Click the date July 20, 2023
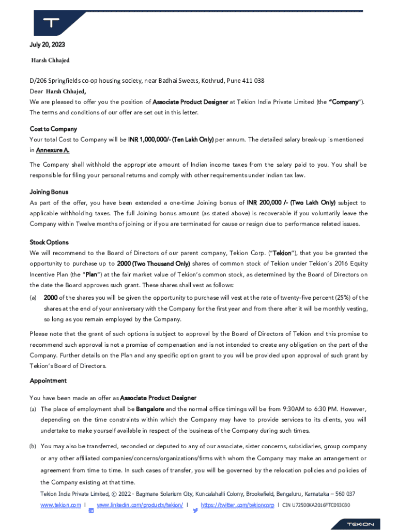tap(47, 45)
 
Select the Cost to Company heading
tap(53, 129)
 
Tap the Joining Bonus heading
tap(49, 192)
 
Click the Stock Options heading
tap(49, 242)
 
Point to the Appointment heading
tap(48, 380)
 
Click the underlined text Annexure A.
tap(52, 150)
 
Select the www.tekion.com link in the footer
tap(60, 505)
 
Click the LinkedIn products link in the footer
tap(140, 505)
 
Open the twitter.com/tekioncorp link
tap(237, 505)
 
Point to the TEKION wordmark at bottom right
tap(360, 524)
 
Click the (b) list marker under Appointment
tap(33, 446)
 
